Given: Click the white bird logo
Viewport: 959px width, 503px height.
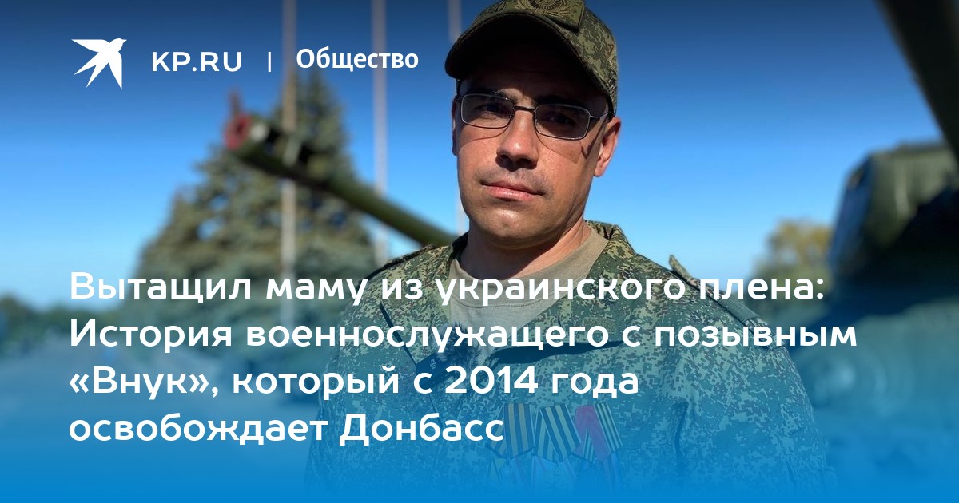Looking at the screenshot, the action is [x=99, y=62].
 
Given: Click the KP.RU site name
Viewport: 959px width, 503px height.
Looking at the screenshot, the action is [x=197, y=61].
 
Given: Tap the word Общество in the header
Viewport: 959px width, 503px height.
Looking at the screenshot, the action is [x=357, y=59].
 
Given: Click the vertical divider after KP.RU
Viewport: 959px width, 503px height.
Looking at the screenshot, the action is [x=269, y=61].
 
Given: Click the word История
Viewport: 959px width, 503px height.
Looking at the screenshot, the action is [x=151, y=335].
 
